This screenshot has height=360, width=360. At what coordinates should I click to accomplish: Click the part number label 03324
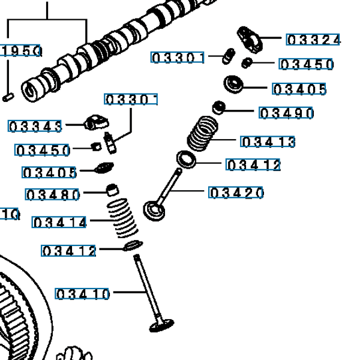[x=313, y=40]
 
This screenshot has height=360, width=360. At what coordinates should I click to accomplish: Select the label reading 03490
[x=286, y=113]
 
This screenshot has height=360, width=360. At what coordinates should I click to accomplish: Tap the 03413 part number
[x=268, y=142]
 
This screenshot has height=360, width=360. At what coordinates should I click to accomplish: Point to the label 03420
[x=236, y=193]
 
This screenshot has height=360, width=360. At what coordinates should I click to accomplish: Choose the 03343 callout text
[x=35, y=126]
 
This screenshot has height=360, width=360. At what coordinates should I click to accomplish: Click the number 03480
[x=53, y=194]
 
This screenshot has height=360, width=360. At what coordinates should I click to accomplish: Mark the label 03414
[x=60, y=223]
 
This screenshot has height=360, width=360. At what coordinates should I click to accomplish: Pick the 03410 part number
[x=83, y=294]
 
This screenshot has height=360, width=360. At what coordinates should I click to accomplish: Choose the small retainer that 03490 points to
[x=220, y=108]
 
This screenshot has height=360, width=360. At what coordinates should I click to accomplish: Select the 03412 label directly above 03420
[x=253, y=165]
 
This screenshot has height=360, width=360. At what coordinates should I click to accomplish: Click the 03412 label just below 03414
[x=68, y=251]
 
